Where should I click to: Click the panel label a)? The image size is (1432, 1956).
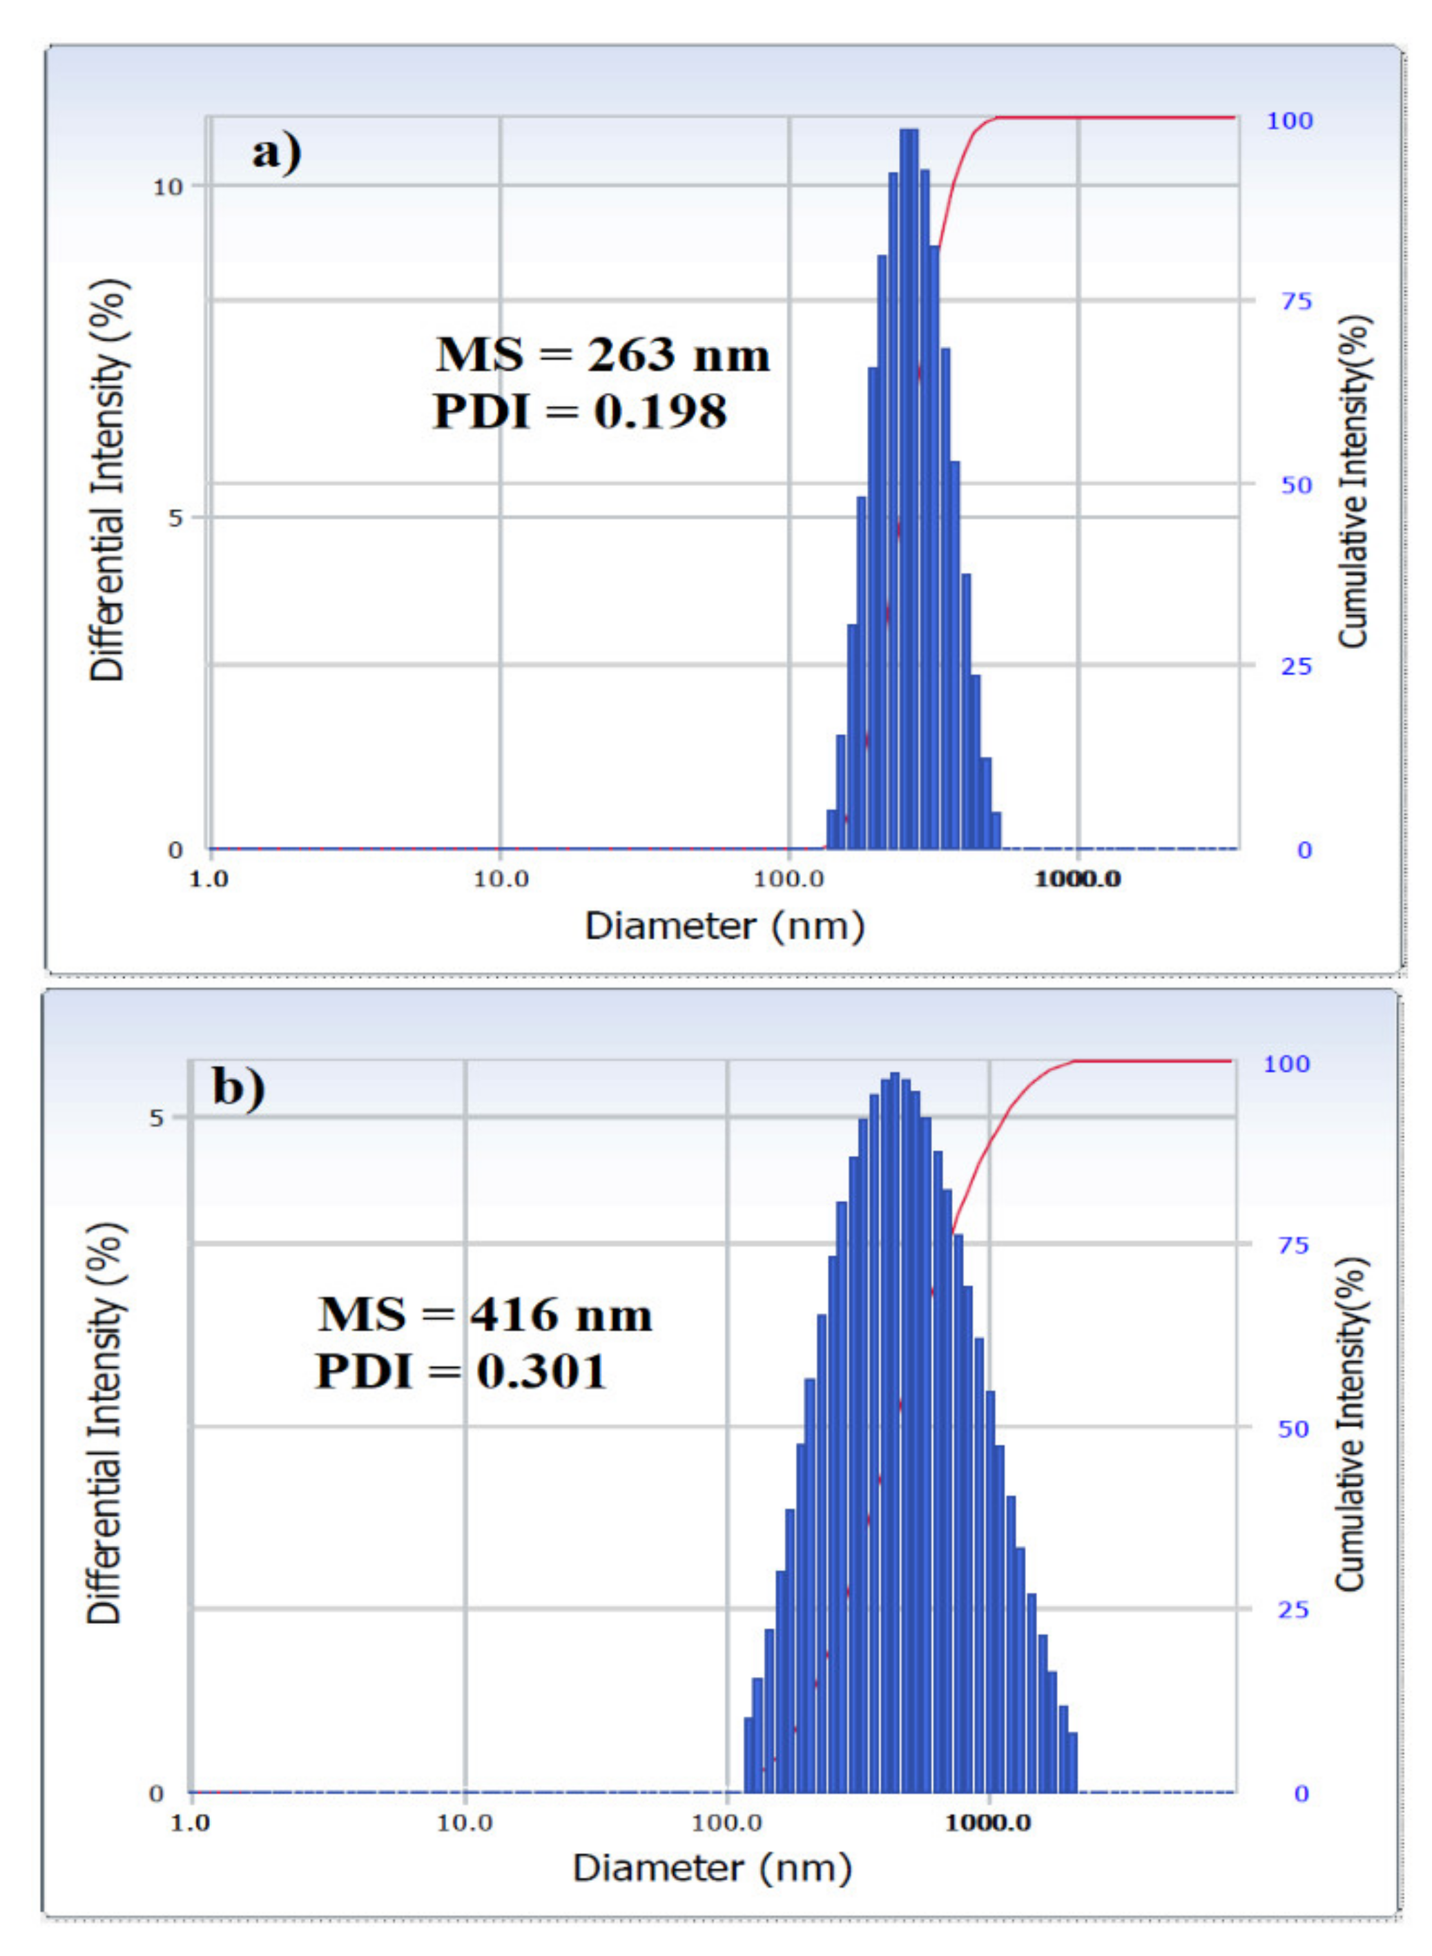pos(276,153)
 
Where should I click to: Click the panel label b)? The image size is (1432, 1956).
pos(238,1087)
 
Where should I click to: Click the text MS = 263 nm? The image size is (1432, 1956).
pos(603,356)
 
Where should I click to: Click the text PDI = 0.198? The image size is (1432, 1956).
pos(580,411)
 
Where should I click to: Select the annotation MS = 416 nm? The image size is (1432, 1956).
pos(485,1315)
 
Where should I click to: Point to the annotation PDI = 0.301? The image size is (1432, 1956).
pos(461,1371)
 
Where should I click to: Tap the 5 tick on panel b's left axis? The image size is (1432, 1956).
pos(156,1119)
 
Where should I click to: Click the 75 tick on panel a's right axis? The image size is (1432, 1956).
pos(1296,302)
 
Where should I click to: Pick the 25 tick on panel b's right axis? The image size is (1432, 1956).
pos(1293,1609)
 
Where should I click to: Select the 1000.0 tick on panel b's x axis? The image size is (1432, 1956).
pos(988,1823)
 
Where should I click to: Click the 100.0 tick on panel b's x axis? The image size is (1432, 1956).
pos(726,1823)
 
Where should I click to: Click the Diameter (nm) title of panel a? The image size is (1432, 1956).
pos(725,926)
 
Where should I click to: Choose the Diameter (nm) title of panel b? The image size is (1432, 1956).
pos(712,1867)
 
